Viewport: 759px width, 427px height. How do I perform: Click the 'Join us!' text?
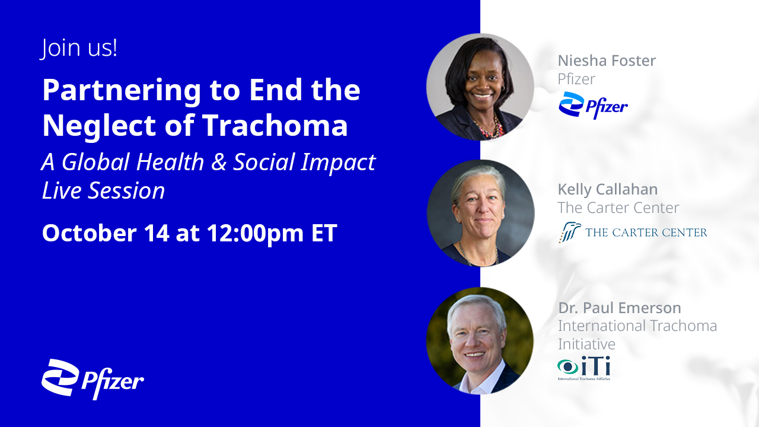pyautogui.click(x=79, y=49)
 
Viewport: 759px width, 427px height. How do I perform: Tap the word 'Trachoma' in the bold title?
pyautogui.click(x=275, y=125)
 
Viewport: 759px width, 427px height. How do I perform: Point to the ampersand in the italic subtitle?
pyautogui.click(x=219, y=162)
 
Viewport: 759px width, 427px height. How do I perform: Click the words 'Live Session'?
pyautogui.click(x=103, y=190)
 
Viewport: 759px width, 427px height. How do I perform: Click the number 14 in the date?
pyautogui.click(x=156, y=233)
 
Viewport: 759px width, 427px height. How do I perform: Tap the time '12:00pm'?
pyautogui.click(x=255, y=234)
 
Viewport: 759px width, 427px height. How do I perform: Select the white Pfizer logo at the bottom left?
pyautogui.click(x=93, y=379)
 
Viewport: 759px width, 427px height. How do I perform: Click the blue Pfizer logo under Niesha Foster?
pyautogui.click(x=593, y=105)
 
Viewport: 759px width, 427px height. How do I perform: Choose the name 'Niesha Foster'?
pyautogui.click(x=607, y=60)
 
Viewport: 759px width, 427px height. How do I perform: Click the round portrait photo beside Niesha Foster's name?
pyautogui.click(x=480, y=87)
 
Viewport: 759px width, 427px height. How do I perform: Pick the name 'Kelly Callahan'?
pyautogui.click(x=608, y=189)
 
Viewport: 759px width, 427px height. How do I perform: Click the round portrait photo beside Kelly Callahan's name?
pyautogui.click(x=481, y=213)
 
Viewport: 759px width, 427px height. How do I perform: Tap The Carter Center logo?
pyautogui.click(x=633, y=232)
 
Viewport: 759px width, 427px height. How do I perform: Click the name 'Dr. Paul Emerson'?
pyautogui.click(x=620, y=308)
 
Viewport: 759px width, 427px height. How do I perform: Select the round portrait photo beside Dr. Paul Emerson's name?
pyautogui.click(x=480, y=340)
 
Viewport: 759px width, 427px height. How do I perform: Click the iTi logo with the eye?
pyautogui.click(x=584, y=368)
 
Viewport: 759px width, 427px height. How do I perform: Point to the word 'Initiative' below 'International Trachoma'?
pyautogui.click(x=586, y=345)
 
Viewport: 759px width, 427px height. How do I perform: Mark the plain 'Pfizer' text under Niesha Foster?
pyautogui.click(x=576, y=79)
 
